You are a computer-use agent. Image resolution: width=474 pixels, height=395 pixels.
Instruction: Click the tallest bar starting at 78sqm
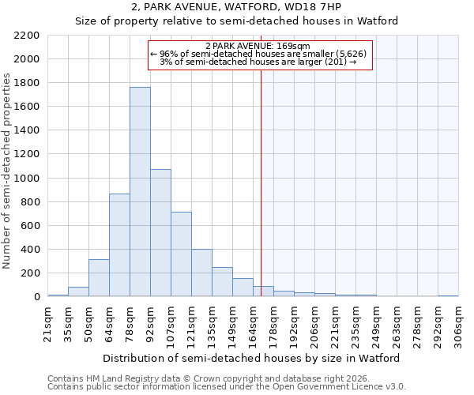[x=140, y=192]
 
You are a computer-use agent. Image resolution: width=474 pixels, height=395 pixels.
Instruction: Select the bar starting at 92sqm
[x=160, y=233]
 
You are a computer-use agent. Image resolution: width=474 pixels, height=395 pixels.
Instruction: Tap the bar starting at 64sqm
[x=119, y=245]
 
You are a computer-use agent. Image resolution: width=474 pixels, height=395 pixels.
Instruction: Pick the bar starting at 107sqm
[x=181, y=254]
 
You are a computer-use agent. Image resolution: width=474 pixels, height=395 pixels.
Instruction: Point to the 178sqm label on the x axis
[x=273, y=324]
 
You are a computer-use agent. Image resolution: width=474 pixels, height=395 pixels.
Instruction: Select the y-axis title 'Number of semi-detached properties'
[x=7, y=171]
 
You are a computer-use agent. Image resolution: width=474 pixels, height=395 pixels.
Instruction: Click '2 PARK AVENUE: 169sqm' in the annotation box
[x=260, y=46]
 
